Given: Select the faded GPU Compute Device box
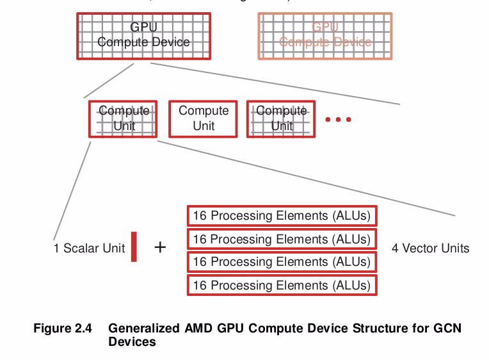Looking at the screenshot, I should coord(325,35).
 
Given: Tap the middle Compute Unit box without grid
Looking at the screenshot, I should coord(203,119).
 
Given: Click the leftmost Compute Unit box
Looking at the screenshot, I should coord(124,119).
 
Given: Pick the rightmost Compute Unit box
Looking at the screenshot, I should coord(282,119).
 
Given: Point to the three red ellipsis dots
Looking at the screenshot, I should coord(338,119).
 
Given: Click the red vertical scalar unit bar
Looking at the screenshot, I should coord(134,247).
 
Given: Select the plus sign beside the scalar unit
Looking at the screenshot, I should coord(160,247).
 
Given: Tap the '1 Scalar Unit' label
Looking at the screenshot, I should coord(89,248).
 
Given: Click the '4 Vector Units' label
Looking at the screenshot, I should coord(430,248).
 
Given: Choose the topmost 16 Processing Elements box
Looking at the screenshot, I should coord(282,216).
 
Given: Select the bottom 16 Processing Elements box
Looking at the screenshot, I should coord(282,285).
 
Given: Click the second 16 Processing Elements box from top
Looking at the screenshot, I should coord(282,239).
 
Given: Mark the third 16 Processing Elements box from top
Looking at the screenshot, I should coord(282,262).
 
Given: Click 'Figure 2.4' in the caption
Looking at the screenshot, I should coord(62,329).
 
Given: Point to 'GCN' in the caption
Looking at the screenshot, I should coord(447,329).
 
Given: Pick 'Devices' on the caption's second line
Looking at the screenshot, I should coord(132,341).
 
